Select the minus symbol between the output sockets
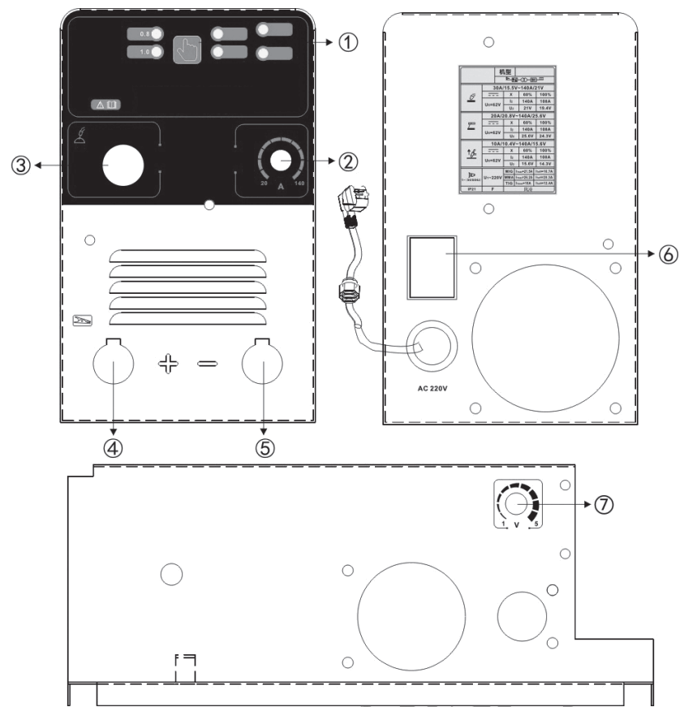coord(207,364)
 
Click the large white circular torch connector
coord(123,165)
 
